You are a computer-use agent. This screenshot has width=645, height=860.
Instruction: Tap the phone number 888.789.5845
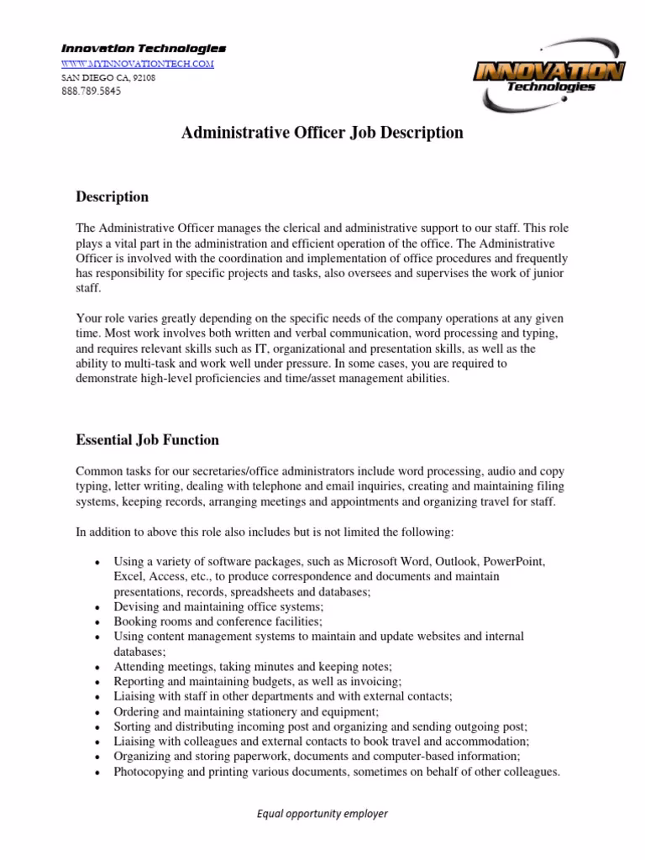click(90, 92)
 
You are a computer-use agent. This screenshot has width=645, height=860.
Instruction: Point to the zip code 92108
click(144, 78)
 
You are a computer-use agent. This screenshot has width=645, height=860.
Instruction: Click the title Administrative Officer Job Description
click(322, 133)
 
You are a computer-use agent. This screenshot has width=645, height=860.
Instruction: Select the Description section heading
click(112, 197)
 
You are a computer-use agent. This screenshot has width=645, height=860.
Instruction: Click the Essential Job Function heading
click(147, 439)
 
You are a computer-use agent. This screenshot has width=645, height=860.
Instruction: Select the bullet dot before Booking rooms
click(99, 622)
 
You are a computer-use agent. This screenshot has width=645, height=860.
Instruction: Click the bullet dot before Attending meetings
click(99, 667)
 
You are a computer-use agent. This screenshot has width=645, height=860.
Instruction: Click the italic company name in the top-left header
click(142, 49)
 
